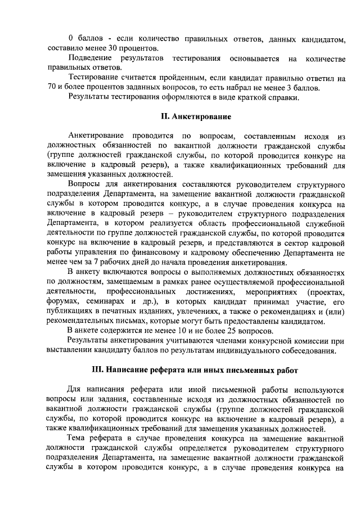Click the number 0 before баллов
click(x=70, y=38)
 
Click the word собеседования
click(x=307, y=351)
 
